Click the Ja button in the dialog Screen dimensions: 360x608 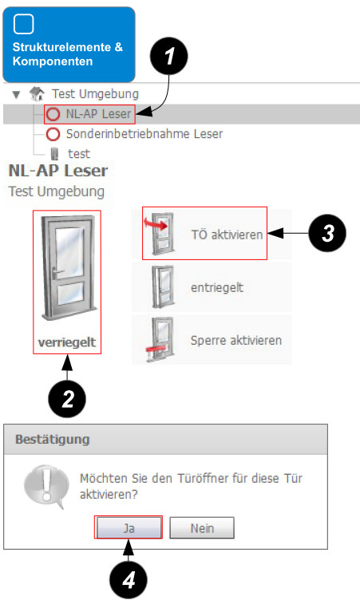129,527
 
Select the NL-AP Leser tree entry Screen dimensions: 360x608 98,114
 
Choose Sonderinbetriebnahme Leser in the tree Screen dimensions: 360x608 144,134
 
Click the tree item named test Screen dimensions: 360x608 79,154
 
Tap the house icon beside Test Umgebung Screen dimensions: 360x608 37,94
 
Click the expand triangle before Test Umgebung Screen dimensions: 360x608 16,95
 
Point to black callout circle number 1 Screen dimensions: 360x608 168,56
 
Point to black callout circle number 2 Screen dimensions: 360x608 67,399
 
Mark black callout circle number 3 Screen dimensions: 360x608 327,233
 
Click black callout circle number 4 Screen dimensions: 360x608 128,580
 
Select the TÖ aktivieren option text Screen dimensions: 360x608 227,235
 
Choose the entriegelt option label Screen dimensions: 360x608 217,287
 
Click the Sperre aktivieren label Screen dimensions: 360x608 236,341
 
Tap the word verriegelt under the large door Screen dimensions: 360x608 67,342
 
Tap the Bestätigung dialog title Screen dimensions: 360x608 53,440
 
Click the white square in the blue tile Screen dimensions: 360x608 24,24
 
